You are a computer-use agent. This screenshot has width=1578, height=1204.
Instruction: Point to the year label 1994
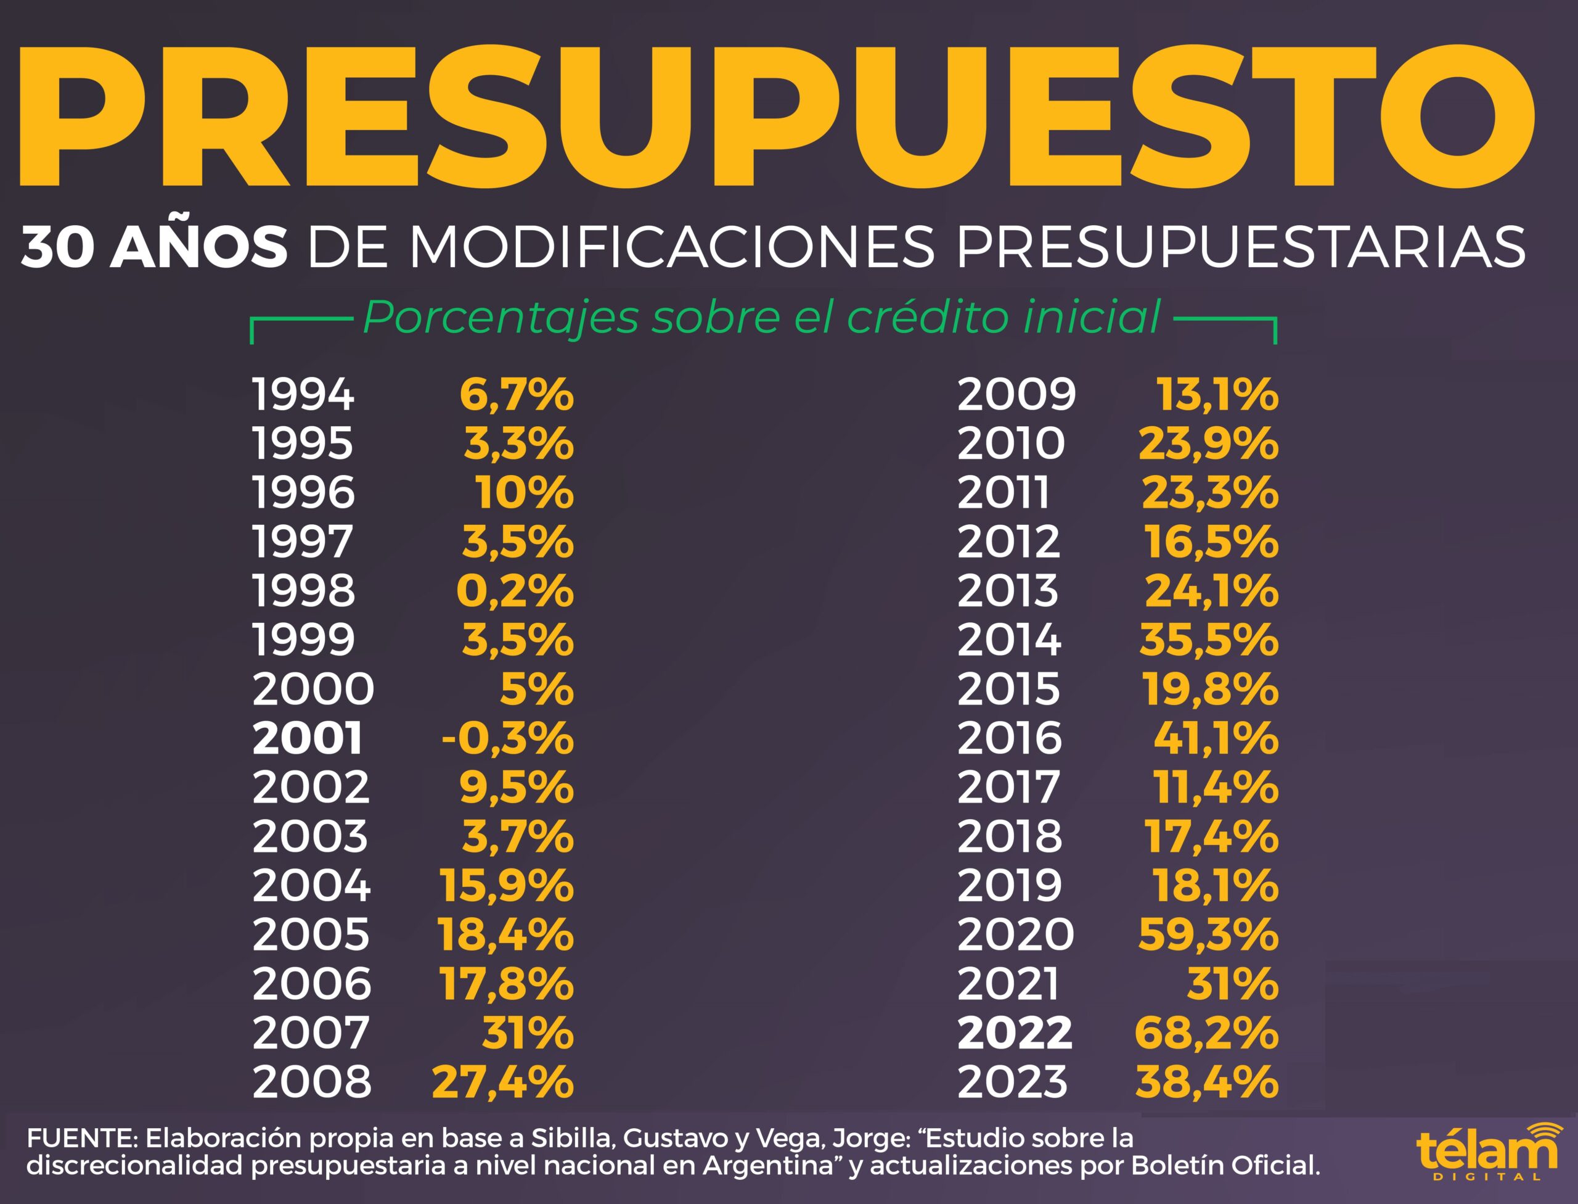pyautogui.click(x=303, y=395)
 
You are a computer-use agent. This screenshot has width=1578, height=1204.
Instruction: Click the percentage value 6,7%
pyautogui.click(x=517, y=395)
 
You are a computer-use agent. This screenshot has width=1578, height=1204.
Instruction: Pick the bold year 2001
pyautogui.click(x=308, y=739)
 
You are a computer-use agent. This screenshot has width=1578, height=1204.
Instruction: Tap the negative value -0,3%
pyautogui.click(x=507, y=739)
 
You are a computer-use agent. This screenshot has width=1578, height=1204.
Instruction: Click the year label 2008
pyautogui.click(x=311, y=1082)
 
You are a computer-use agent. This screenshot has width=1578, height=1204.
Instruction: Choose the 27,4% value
pyautogui.click(x=503, y=1082)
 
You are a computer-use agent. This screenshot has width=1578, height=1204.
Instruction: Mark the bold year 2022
pyautogui.click(x=1014, y=1033)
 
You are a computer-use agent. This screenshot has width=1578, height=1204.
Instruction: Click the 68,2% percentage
pyautogui.click(x=1206, y=1033)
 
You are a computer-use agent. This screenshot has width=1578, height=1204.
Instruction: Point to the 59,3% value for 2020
pyautogui.click(x=1208, y=934)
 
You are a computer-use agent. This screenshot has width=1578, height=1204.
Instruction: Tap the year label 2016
pyautogui.click(x=1009, y=739)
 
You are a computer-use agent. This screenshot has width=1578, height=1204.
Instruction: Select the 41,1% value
pyautogui.click(x=1216, y=739)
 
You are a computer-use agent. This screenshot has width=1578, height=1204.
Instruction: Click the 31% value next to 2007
pyautogui.click(x=528, y=1033)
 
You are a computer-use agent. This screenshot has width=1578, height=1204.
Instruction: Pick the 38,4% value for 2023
pyautogui.click(x=1207, y=1082)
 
